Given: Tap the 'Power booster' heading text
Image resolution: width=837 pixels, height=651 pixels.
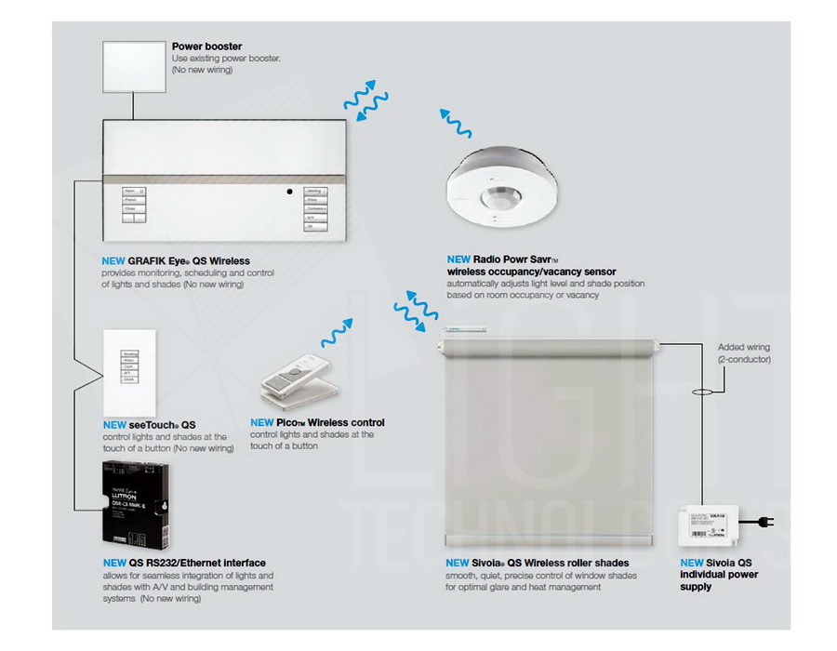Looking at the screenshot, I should point(206,46).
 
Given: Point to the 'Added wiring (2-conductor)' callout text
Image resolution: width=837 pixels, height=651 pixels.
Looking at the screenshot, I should point(744,353).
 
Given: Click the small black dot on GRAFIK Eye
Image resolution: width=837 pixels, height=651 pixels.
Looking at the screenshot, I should point(289,193).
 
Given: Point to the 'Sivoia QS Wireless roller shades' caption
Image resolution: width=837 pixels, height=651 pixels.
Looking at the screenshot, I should point(538,563).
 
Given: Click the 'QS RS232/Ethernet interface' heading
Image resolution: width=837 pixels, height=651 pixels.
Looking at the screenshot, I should point(183,563).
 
